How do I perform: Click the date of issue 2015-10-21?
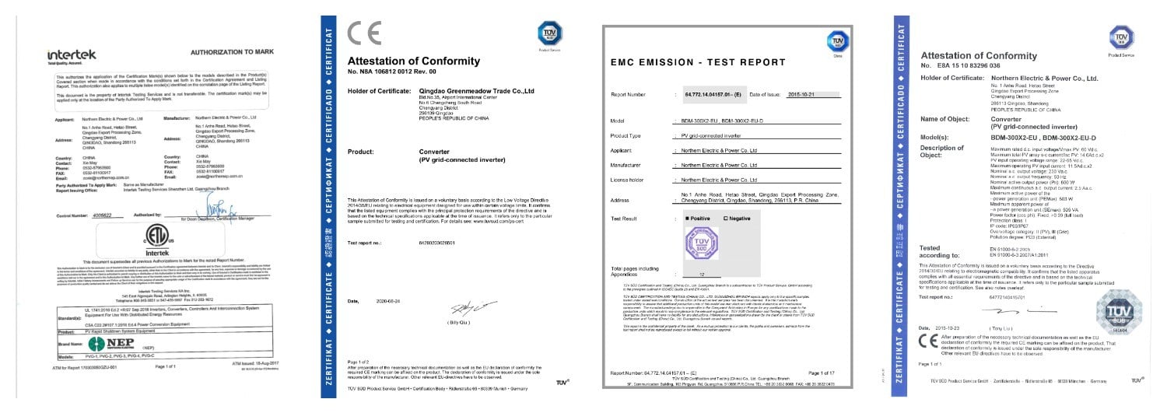tap(826, 94)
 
